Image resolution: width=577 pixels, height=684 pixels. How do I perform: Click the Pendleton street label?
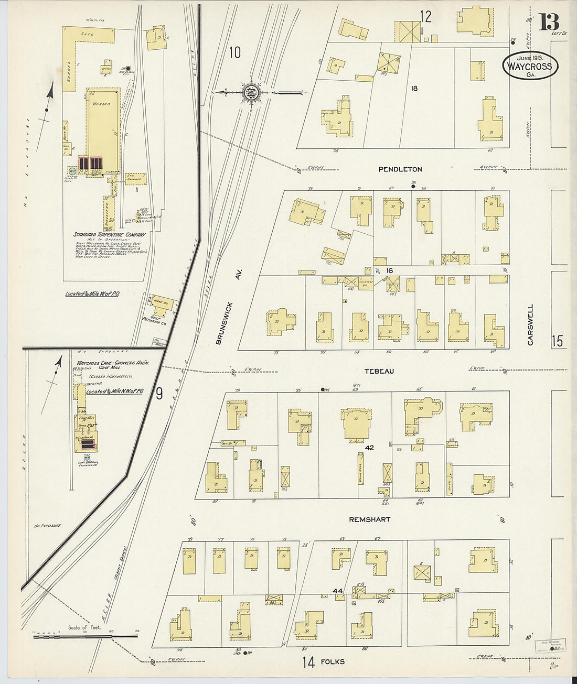click(x=400, y=169)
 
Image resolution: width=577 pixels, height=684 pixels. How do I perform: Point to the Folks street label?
click(x=333, y=661)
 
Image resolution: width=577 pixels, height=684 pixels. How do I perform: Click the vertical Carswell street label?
click(x=530, y=324)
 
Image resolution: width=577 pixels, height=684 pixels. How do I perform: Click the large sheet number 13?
click(x=548, y=22)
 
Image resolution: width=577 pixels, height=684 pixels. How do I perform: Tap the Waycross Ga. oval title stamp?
click(x=530, y=66)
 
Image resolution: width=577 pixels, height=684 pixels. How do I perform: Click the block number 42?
click(x=369, y=448)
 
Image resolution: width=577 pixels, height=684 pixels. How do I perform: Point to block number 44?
click(x=338, y=591)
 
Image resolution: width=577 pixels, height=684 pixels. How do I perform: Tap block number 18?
click(x=414, y=89)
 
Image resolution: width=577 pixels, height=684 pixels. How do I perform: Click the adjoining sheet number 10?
click(x=234, y=52)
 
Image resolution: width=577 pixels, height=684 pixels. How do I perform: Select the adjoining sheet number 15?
click(x=557, y=341)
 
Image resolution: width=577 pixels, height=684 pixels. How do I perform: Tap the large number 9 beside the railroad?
click(x=159, y=393)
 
